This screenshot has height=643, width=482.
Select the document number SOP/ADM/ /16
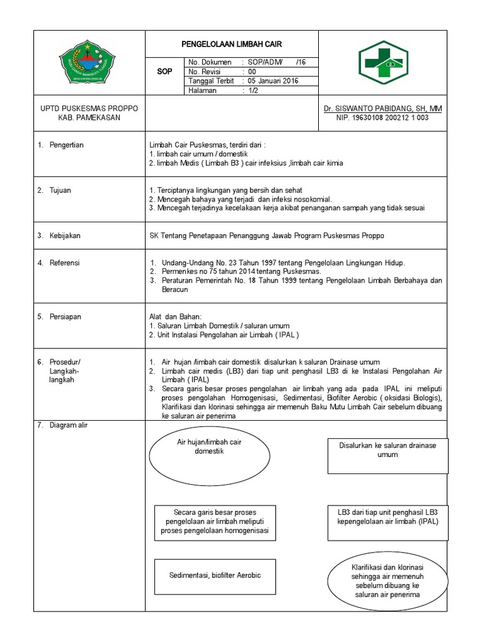(x=276, y=62)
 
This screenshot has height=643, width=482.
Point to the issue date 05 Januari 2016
(x=273, y=81)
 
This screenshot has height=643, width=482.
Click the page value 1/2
(x=253, y=90)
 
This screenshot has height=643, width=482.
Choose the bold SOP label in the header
(x=164, y=72)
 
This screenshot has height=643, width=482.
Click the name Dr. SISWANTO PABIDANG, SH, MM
(x=383, y=109)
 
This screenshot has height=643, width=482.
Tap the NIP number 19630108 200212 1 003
(x=382, y=117)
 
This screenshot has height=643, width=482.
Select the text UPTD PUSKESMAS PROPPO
(x=88, y=109)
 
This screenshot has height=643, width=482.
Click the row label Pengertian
(x=67, y=145)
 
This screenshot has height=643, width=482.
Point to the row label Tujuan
(x=62, y=190)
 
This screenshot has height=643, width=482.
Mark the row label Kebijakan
(x=65, y=235)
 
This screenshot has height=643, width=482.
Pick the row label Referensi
(x=66, y=262)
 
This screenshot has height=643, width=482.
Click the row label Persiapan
(x=66, y=317)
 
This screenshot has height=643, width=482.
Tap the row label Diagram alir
(x=69, y=425)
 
